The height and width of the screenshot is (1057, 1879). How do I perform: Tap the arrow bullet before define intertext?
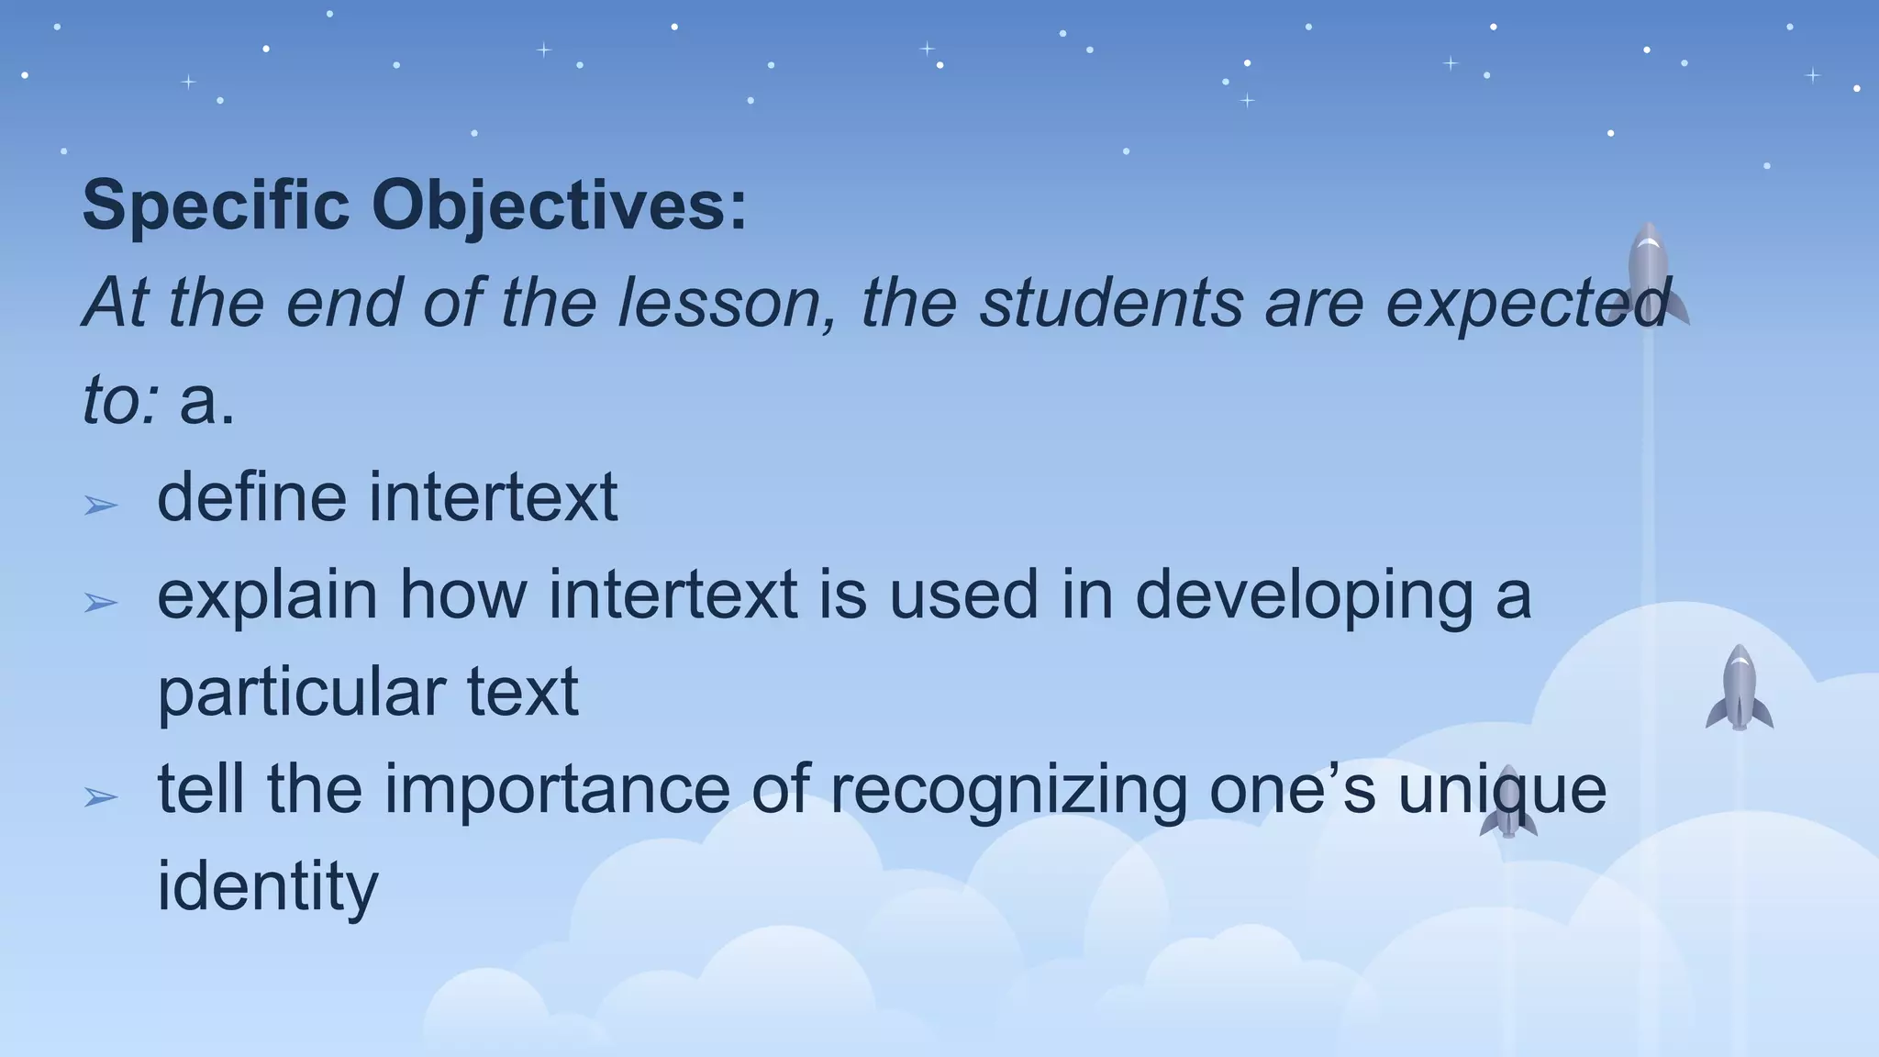[100, 505]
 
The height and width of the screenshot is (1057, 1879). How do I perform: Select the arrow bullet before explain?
[100, 602]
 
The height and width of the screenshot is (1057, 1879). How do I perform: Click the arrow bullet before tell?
[100, 796]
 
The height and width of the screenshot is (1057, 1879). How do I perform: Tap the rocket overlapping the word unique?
[1507, 802]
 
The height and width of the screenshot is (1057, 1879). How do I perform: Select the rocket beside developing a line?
[1739, 688]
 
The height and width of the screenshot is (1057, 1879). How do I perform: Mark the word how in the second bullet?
[462, 595]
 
